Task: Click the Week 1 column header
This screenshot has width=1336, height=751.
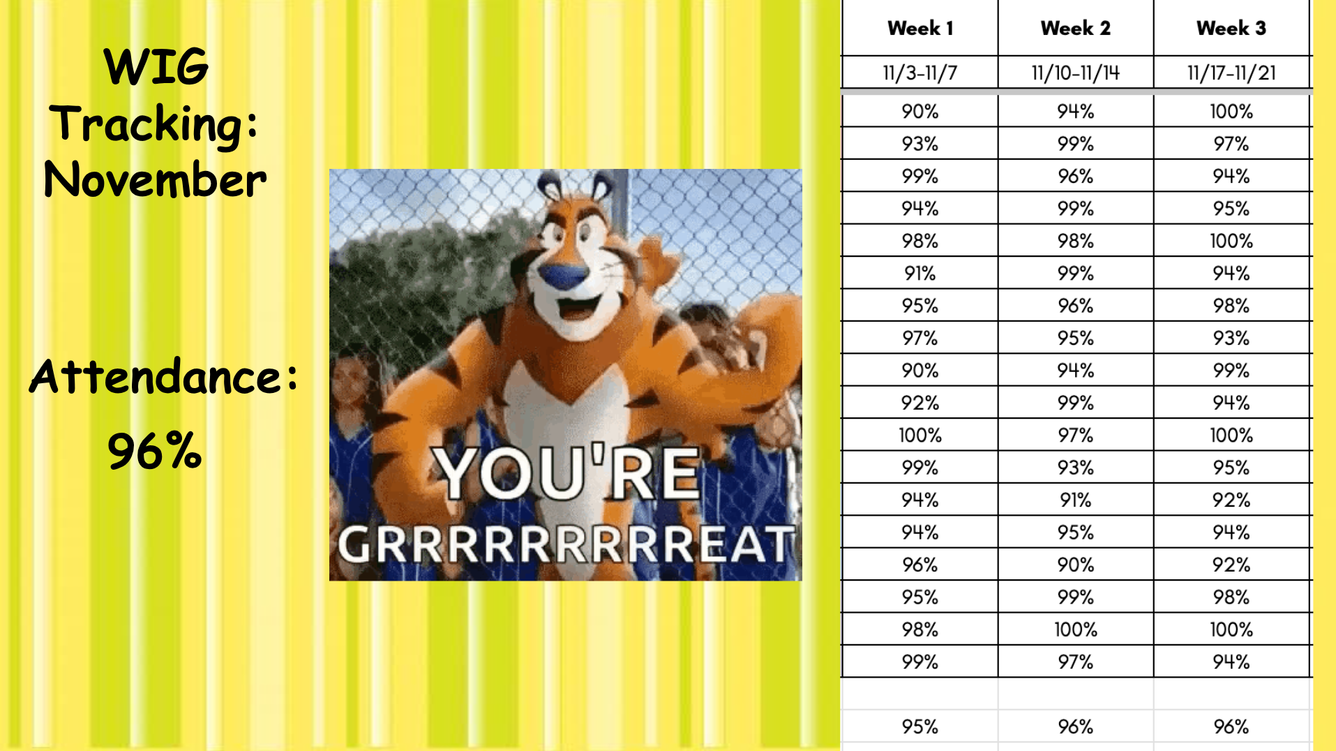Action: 920,28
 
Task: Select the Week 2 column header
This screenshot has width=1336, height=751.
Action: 1075,28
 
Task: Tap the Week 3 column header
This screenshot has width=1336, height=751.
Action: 1231,28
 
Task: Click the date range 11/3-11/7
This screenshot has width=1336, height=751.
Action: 920,73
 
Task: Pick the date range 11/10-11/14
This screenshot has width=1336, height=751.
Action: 1075,73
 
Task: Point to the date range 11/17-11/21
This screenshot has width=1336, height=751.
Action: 1231,73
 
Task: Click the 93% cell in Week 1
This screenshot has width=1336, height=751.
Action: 920,144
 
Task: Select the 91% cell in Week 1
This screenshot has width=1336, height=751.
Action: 920,274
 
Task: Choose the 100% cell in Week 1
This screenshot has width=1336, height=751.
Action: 920,436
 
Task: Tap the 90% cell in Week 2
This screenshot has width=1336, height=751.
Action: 1075,565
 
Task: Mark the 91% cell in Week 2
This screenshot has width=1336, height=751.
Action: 1075,500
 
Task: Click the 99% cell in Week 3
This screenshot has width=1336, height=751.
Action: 1231,371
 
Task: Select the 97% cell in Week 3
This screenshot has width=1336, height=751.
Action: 1231,144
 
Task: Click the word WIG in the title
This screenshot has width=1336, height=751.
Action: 156,67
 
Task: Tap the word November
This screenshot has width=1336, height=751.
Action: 155,179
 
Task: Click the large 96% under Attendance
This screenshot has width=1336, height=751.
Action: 155,451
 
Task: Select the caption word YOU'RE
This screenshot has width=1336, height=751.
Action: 566,473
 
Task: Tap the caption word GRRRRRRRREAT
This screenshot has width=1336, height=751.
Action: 566,544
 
